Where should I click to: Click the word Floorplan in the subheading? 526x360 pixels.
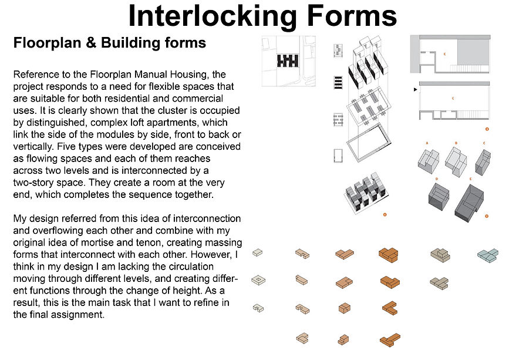click(x=48, y=43)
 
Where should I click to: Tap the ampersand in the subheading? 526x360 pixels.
click(x=91, y=43)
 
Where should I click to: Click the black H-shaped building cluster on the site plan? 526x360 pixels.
click(x=288, y=61)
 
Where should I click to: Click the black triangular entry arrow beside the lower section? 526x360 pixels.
click(x=416, y=90)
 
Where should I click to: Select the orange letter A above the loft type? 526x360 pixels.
click(x=427, y=143)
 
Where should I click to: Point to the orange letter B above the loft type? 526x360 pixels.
click(x=456, y=143)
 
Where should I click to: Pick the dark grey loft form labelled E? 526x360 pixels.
click(x=469, y=203)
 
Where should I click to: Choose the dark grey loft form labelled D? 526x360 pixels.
click(x=439, y=197)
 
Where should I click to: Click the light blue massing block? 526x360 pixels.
click(x=488, y=255)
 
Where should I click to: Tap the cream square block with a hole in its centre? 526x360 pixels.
click(x=258, y=280)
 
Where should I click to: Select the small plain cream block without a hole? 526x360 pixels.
click(x=257, y=253)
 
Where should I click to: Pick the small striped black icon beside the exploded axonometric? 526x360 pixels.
click(x=338, y=83)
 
